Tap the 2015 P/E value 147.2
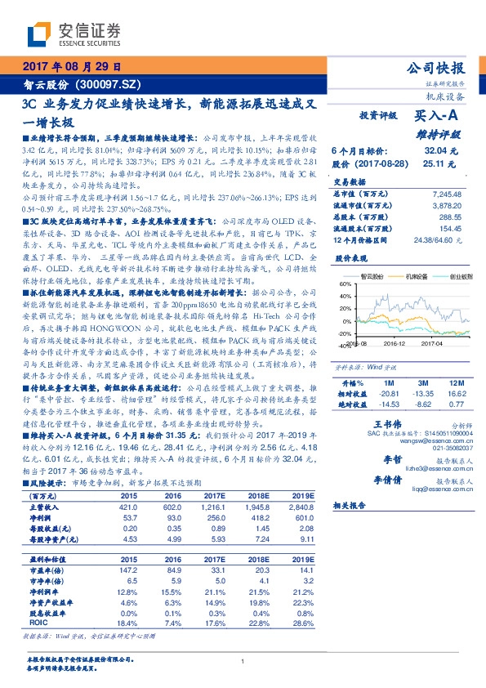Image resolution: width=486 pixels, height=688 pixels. click(x=128, y=570)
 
